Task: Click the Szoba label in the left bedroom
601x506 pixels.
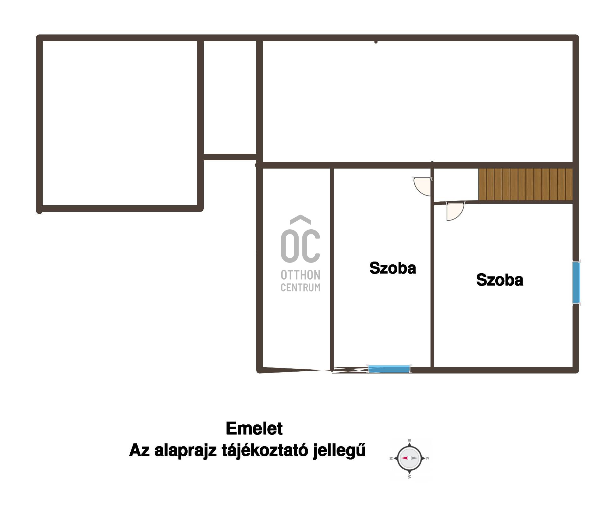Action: pyautogui.click(x=393, y=268)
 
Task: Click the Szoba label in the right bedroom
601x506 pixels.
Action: pyautogui.click(x=499, y=280)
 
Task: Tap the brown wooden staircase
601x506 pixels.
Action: pyautogui.click(x=525, y=184)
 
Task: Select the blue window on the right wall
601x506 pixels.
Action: pyautogui.click(x=576, y=282)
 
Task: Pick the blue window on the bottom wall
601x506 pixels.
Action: pyautogui.click(x=389, y=369)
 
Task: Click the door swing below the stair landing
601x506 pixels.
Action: pyautogui.click(x=455, y=211)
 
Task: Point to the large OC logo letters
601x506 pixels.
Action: pyautogui.click(x=300, y=239)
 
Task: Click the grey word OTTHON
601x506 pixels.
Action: pyautogui.click(x=300, y=275)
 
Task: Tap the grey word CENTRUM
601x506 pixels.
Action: pyautogui.click(x=300, y=287)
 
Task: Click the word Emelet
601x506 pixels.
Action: pyautogui.click(x=254, y=429)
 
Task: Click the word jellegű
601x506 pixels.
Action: pyautogui.click(x=339, y=451)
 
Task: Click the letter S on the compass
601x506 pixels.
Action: pyautogui.click(x=427, y=458)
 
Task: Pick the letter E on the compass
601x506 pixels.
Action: pyautogui.click(x=409, y=440)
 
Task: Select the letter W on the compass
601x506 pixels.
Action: pyautogui.click(x=410, y=476)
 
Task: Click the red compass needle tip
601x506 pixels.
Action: pyautogui.click(x=400, y=458)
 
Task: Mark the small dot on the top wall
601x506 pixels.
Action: pyautogui.click(x=376, y=42)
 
